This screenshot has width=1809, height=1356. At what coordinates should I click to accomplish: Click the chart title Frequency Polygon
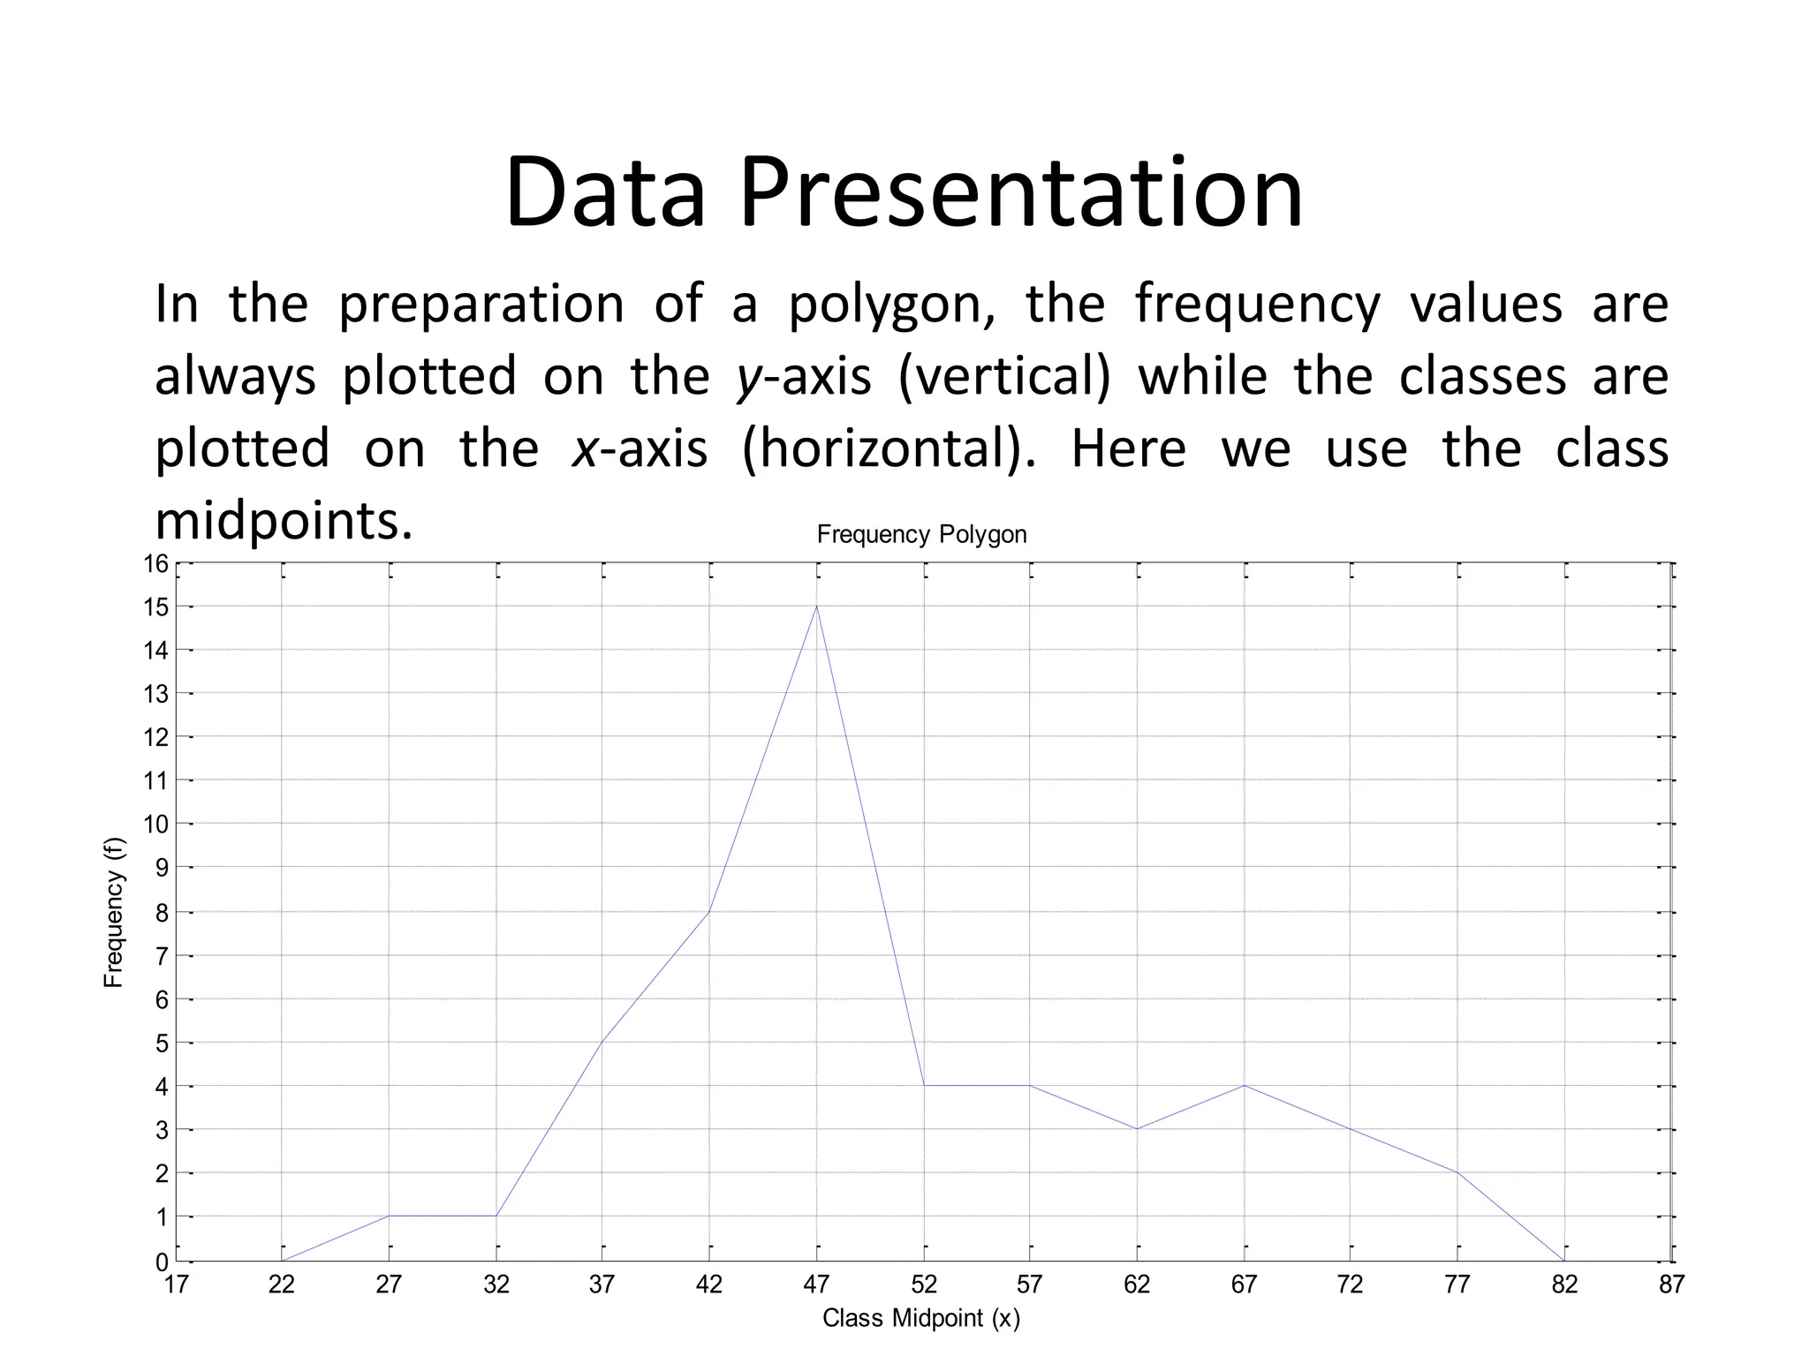921,534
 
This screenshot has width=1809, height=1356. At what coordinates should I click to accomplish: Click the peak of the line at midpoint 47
817,606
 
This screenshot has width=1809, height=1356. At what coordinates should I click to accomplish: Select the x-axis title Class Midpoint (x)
921,1318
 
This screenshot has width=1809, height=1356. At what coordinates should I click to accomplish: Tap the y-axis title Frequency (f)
114,912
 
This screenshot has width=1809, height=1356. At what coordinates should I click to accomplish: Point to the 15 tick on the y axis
156,607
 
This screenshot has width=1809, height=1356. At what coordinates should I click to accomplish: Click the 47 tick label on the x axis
816,1284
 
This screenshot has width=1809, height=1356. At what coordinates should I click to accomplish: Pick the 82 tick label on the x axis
1564,1284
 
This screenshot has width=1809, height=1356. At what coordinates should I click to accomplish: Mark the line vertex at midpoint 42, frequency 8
709,911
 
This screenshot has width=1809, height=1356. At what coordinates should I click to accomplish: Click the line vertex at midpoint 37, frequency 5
602,1042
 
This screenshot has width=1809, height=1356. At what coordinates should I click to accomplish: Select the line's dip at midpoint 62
1137,1128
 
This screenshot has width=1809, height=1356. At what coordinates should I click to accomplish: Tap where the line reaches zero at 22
283,1260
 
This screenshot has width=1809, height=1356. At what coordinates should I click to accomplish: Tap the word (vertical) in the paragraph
1004,377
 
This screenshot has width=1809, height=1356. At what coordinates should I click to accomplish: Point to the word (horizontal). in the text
889,448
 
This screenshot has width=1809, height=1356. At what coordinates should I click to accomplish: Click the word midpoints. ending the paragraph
284,521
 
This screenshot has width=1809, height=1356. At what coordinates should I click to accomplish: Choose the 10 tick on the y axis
155,825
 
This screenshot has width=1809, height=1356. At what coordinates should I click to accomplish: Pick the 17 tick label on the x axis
177,1284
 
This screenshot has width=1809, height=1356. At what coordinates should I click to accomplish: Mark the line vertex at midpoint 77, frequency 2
1457,1172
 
